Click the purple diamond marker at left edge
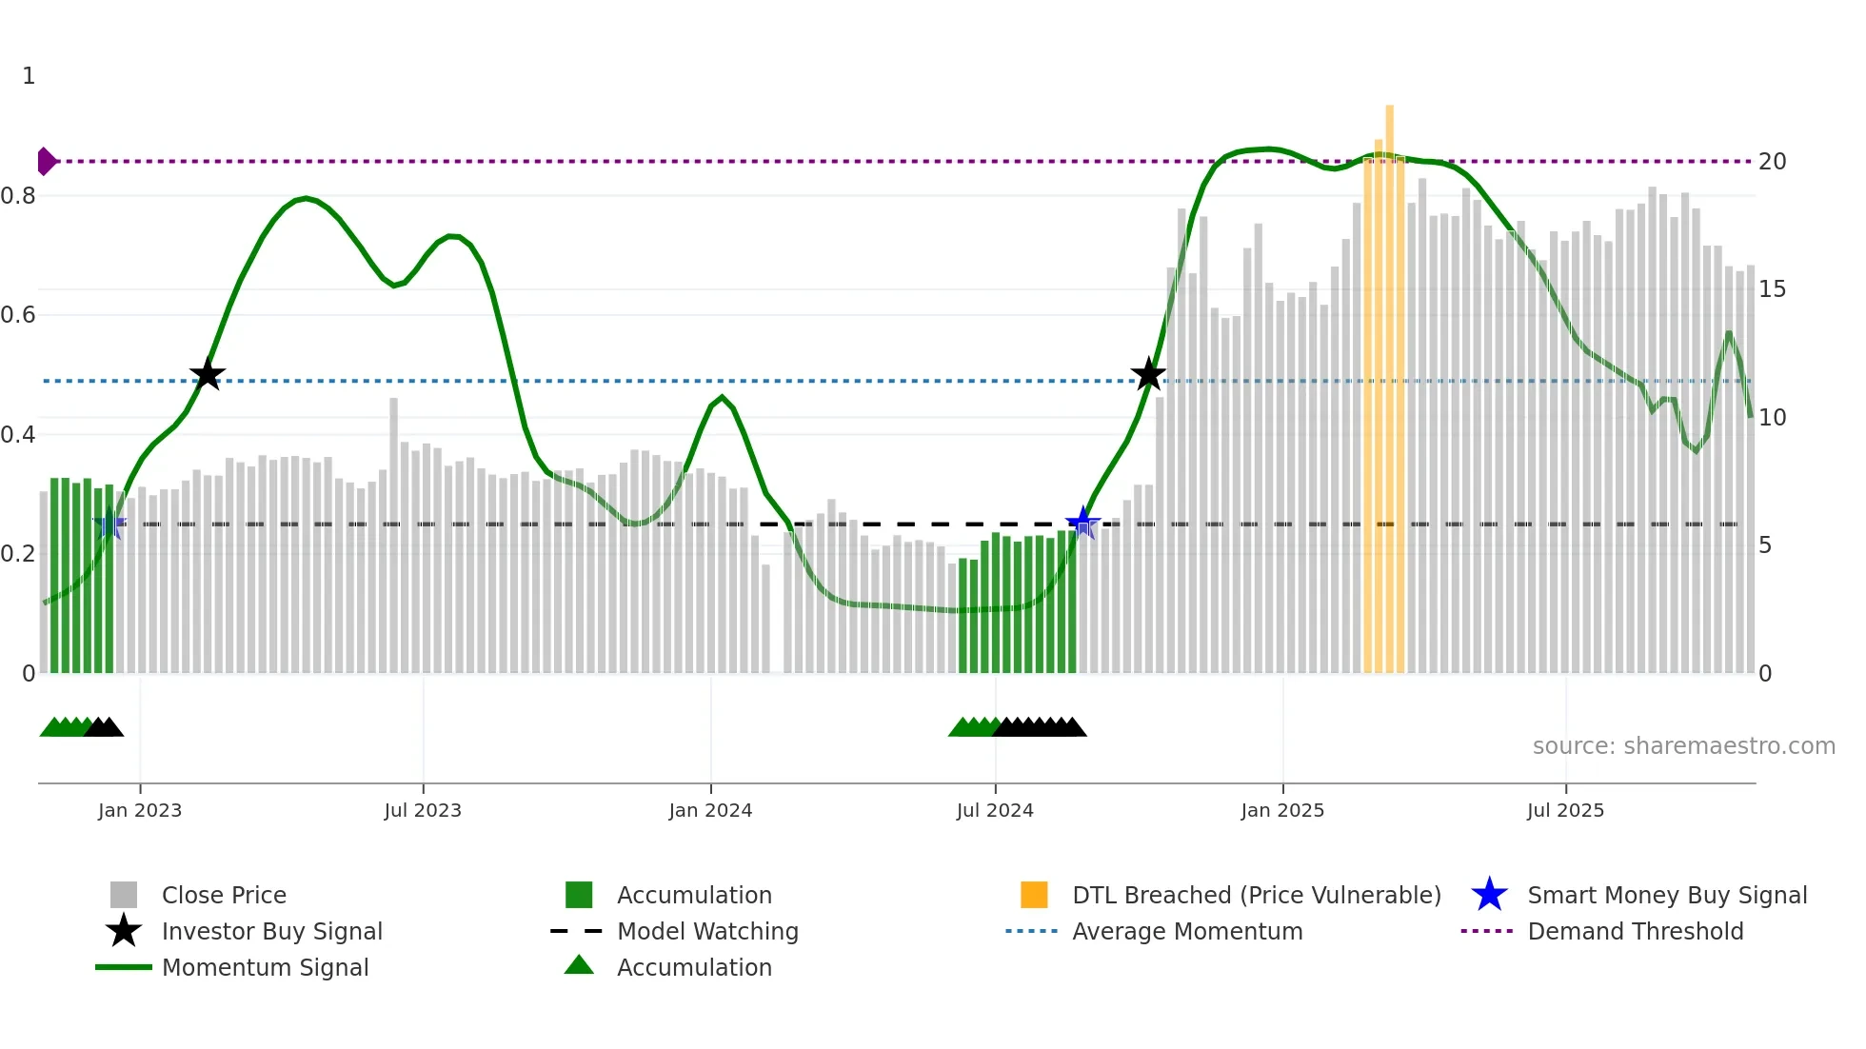click(x=46, y=162)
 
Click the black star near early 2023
click(x=207, y=375)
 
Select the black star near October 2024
click(x=1148, y=375)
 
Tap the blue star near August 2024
click(x=1082, y=523)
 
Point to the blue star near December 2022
click(x=109, y=524)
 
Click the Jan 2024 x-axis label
click(x=710, y=811)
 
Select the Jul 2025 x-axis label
click(x=1565, y=811)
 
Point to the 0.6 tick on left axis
click(x=18, y=315)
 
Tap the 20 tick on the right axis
click(x=1772, y=162)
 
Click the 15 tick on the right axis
click(x=1772, y=289)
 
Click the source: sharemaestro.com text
click(x=1683, y=746)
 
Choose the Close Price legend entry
click(x=223, y=896)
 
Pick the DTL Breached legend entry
click(x=1256, y=896)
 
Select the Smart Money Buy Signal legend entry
click(x=1666, y=896)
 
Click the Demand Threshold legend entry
click(x=1635, y=932)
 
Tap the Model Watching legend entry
click(x=706, y=932)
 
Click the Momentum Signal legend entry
click(x=265, y=968)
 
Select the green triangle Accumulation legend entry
click(x=693, y=968)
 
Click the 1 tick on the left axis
click(x=29, y=76)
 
